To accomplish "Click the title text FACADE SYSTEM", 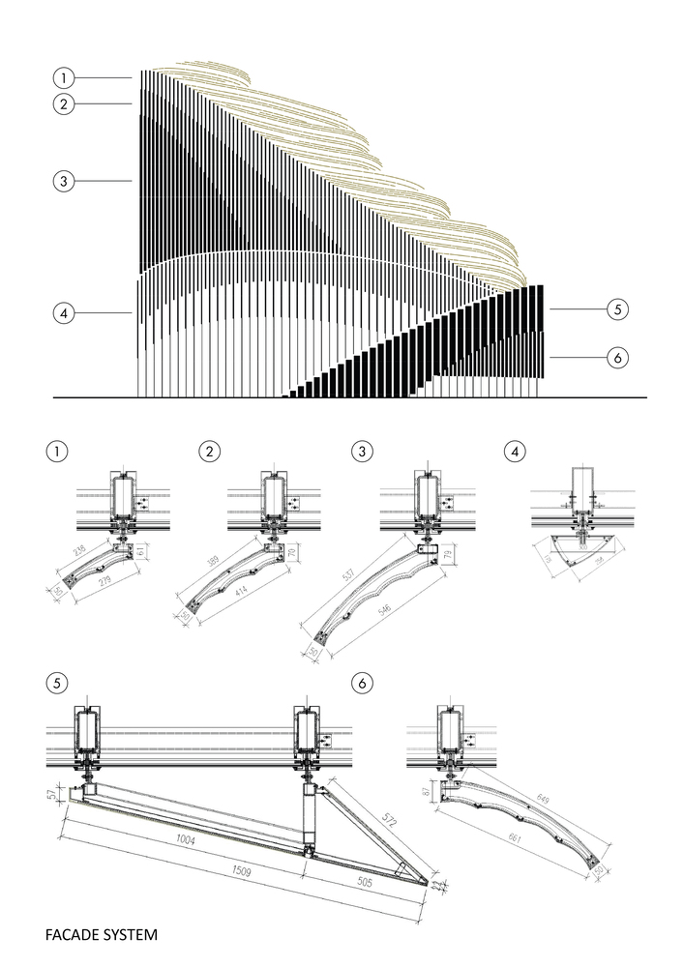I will (x=101, y=935).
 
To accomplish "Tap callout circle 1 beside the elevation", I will (x=64, y=77).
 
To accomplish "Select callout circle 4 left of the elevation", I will (x=64, y=312).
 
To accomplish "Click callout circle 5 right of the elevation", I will (x=618, y=309).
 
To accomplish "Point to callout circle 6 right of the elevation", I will (x=618, y=357).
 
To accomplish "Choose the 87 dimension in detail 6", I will (x=427, y=792).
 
